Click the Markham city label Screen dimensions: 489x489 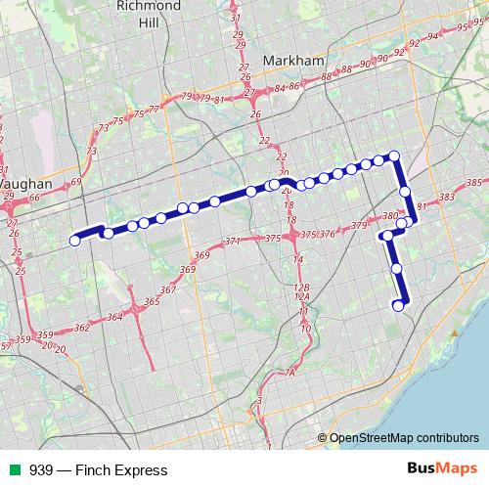294,61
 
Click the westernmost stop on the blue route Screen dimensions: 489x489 74,241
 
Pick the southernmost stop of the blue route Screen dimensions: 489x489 398,306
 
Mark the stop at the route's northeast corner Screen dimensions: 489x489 395,156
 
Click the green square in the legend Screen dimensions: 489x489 12,470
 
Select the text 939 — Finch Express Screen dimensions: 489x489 84,470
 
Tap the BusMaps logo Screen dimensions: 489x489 441,469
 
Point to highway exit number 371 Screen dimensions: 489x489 232,242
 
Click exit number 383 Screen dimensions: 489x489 447,198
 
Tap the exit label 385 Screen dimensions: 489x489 474,183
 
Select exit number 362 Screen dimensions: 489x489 82,328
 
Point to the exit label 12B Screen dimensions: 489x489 301,287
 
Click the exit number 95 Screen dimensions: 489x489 463,27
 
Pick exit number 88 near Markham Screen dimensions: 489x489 344,70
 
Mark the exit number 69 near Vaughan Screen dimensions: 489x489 76,183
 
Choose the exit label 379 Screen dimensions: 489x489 358,226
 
